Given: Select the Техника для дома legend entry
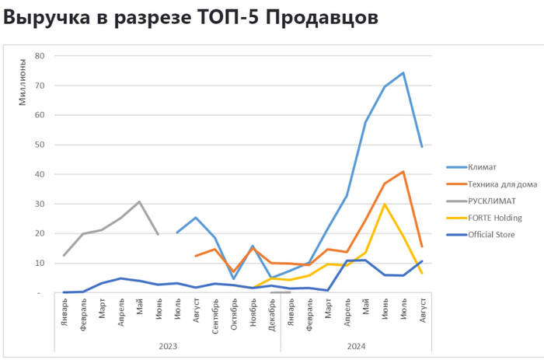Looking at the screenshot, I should click(502, 183).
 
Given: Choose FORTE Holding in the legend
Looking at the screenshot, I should click(495, 218).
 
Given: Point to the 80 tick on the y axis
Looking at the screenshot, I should click(40, 56).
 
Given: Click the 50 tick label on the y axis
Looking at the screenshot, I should click(40, 145).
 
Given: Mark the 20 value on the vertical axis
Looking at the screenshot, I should click(40, 233).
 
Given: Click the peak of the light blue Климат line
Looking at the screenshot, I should click(403, 73).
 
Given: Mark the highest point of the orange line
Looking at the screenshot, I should click(403, 172).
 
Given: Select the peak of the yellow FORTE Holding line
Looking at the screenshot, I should click(385, 204).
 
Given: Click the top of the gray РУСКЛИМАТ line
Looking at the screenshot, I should click(139, 202).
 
